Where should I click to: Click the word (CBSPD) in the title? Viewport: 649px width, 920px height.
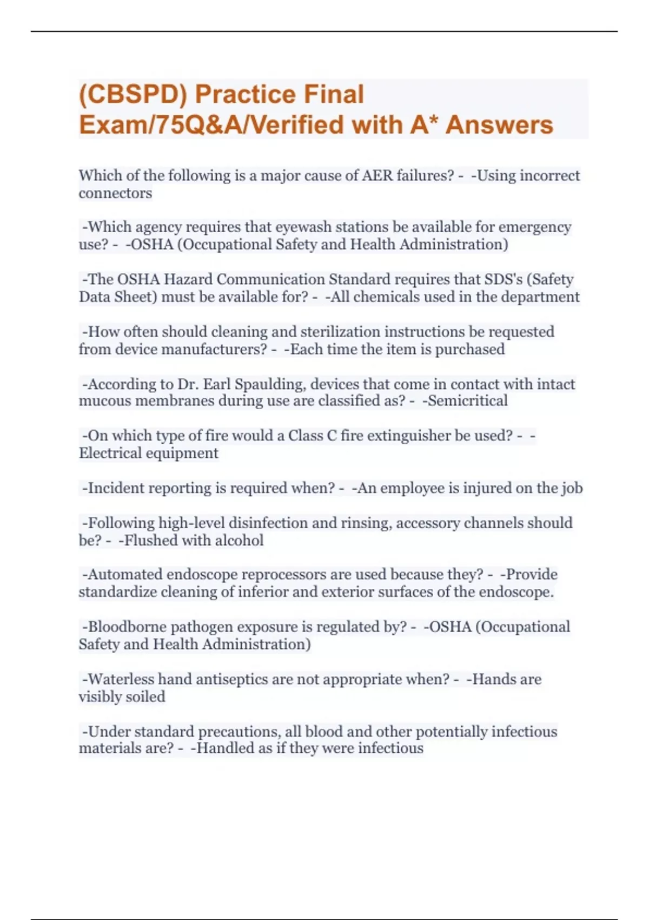(133, 95)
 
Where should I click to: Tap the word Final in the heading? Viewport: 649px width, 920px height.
(334, 95)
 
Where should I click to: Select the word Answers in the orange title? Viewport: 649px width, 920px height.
(499, 125)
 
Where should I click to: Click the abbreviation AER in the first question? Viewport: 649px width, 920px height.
(377, 176)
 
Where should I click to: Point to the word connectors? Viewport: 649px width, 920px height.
(115, 193)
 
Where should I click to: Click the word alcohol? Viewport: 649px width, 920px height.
(239, 541)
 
